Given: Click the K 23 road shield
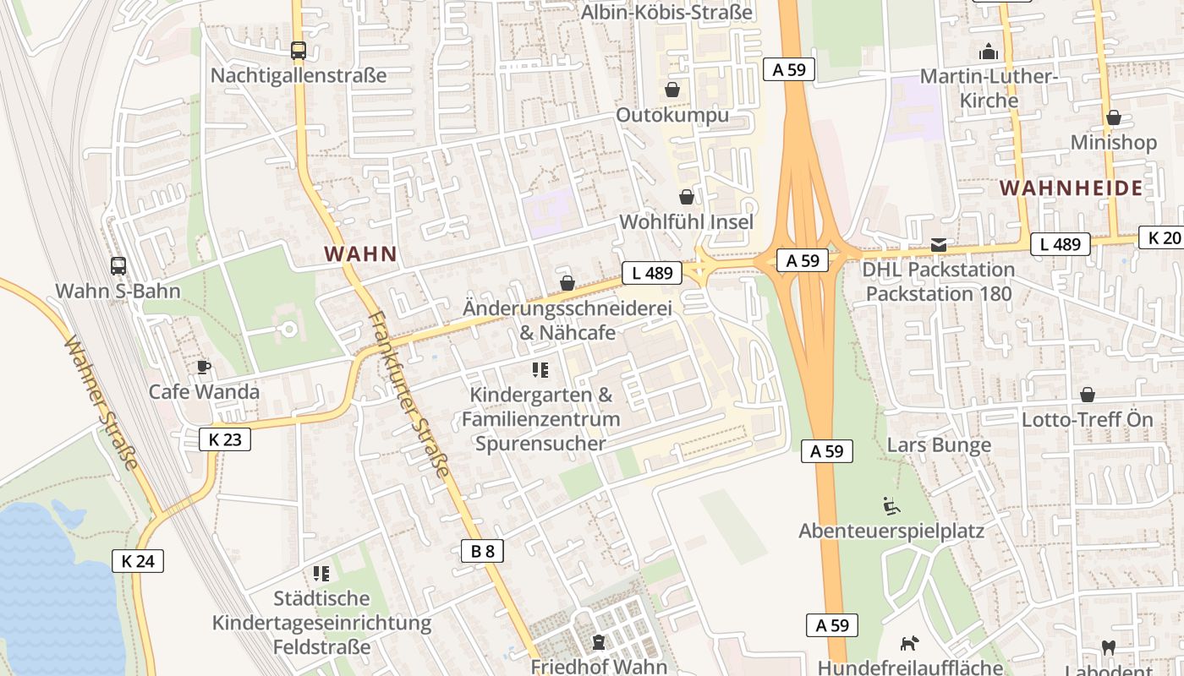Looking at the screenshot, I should (x=225, y=439).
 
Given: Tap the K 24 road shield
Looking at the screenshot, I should (x=137, y=560).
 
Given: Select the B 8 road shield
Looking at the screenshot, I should (x=482, y=551).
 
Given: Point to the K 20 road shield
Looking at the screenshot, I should (x=1162, y=237).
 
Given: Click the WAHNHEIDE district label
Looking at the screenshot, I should (x=1071, y=188).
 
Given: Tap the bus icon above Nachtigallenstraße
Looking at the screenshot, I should (x=299, y=51).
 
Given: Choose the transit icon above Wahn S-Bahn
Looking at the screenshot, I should (x=118, y=266).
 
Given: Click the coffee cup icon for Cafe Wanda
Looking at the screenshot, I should (x=203, y=367).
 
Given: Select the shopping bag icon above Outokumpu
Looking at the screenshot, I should (x=672, y=90).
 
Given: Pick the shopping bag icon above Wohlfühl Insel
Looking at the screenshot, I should (x=687, y=197).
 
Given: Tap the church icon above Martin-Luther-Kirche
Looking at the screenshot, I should (x=989, y=52).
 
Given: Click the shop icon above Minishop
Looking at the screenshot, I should (x=1114, y=117).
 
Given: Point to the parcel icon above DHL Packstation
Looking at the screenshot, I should (x=939, y=245).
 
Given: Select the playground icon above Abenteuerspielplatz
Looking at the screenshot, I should (x=891, y=506).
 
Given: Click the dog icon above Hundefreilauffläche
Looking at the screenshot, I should (x=909, y=644).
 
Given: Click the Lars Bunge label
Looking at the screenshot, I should (x=939, y=444).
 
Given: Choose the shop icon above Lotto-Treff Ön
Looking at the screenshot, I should (x=1088, y=395).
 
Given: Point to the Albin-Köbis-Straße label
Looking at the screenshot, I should (x=666, y=12).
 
